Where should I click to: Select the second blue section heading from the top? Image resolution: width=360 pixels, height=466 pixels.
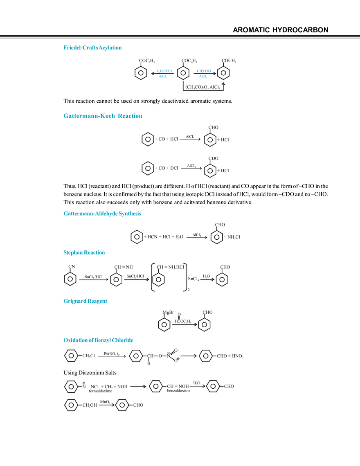click(103, 117)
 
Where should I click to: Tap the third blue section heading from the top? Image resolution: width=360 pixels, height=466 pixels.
click(102, 213)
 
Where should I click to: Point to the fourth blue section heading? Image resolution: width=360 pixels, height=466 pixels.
click(84, 252)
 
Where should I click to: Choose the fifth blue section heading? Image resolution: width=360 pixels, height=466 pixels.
click(85, 301)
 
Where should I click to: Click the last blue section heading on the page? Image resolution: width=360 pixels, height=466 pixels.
click(98, 340)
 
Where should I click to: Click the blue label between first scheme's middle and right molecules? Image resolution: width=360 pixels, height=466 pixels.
click(204, 73)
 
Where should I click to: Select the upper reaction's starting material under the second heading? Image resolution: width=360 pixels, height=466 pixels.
click(160, 140)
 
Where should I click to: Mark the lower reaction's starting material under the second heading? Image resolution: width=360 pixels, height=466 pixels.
click(160, 168)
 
